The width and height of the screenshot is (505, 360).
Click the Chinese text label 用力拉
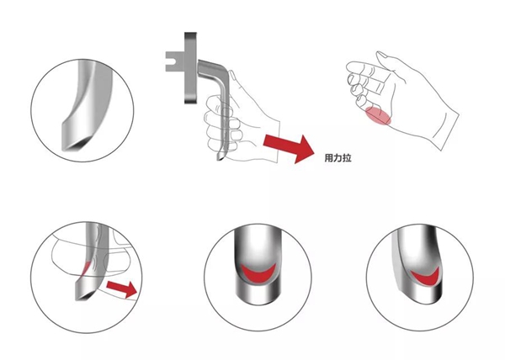pos(338,158)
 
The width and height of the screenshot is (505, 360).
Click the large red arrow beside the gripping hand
pos(288,148)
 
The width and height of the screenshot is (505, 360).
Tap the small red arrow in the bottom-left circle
pos(122,289)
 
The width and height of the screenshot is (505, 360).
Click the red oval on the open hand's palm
pos(378,116)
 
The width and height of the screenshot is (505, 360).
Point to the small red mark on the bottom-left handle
pos(85,267)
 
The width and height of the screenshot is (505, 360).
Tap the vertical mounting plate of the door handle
pos(190,68)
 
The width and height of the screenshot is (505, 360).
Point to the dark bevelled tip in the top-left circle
pos(77,143)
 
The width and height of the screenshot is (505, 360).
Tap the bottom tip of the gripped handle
pos(221,156)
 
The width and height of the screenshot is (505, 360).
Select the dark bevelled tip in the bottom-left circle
pos(84,296)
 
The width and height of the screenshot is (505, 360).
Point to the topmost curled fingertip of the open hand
pos(352,66)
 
